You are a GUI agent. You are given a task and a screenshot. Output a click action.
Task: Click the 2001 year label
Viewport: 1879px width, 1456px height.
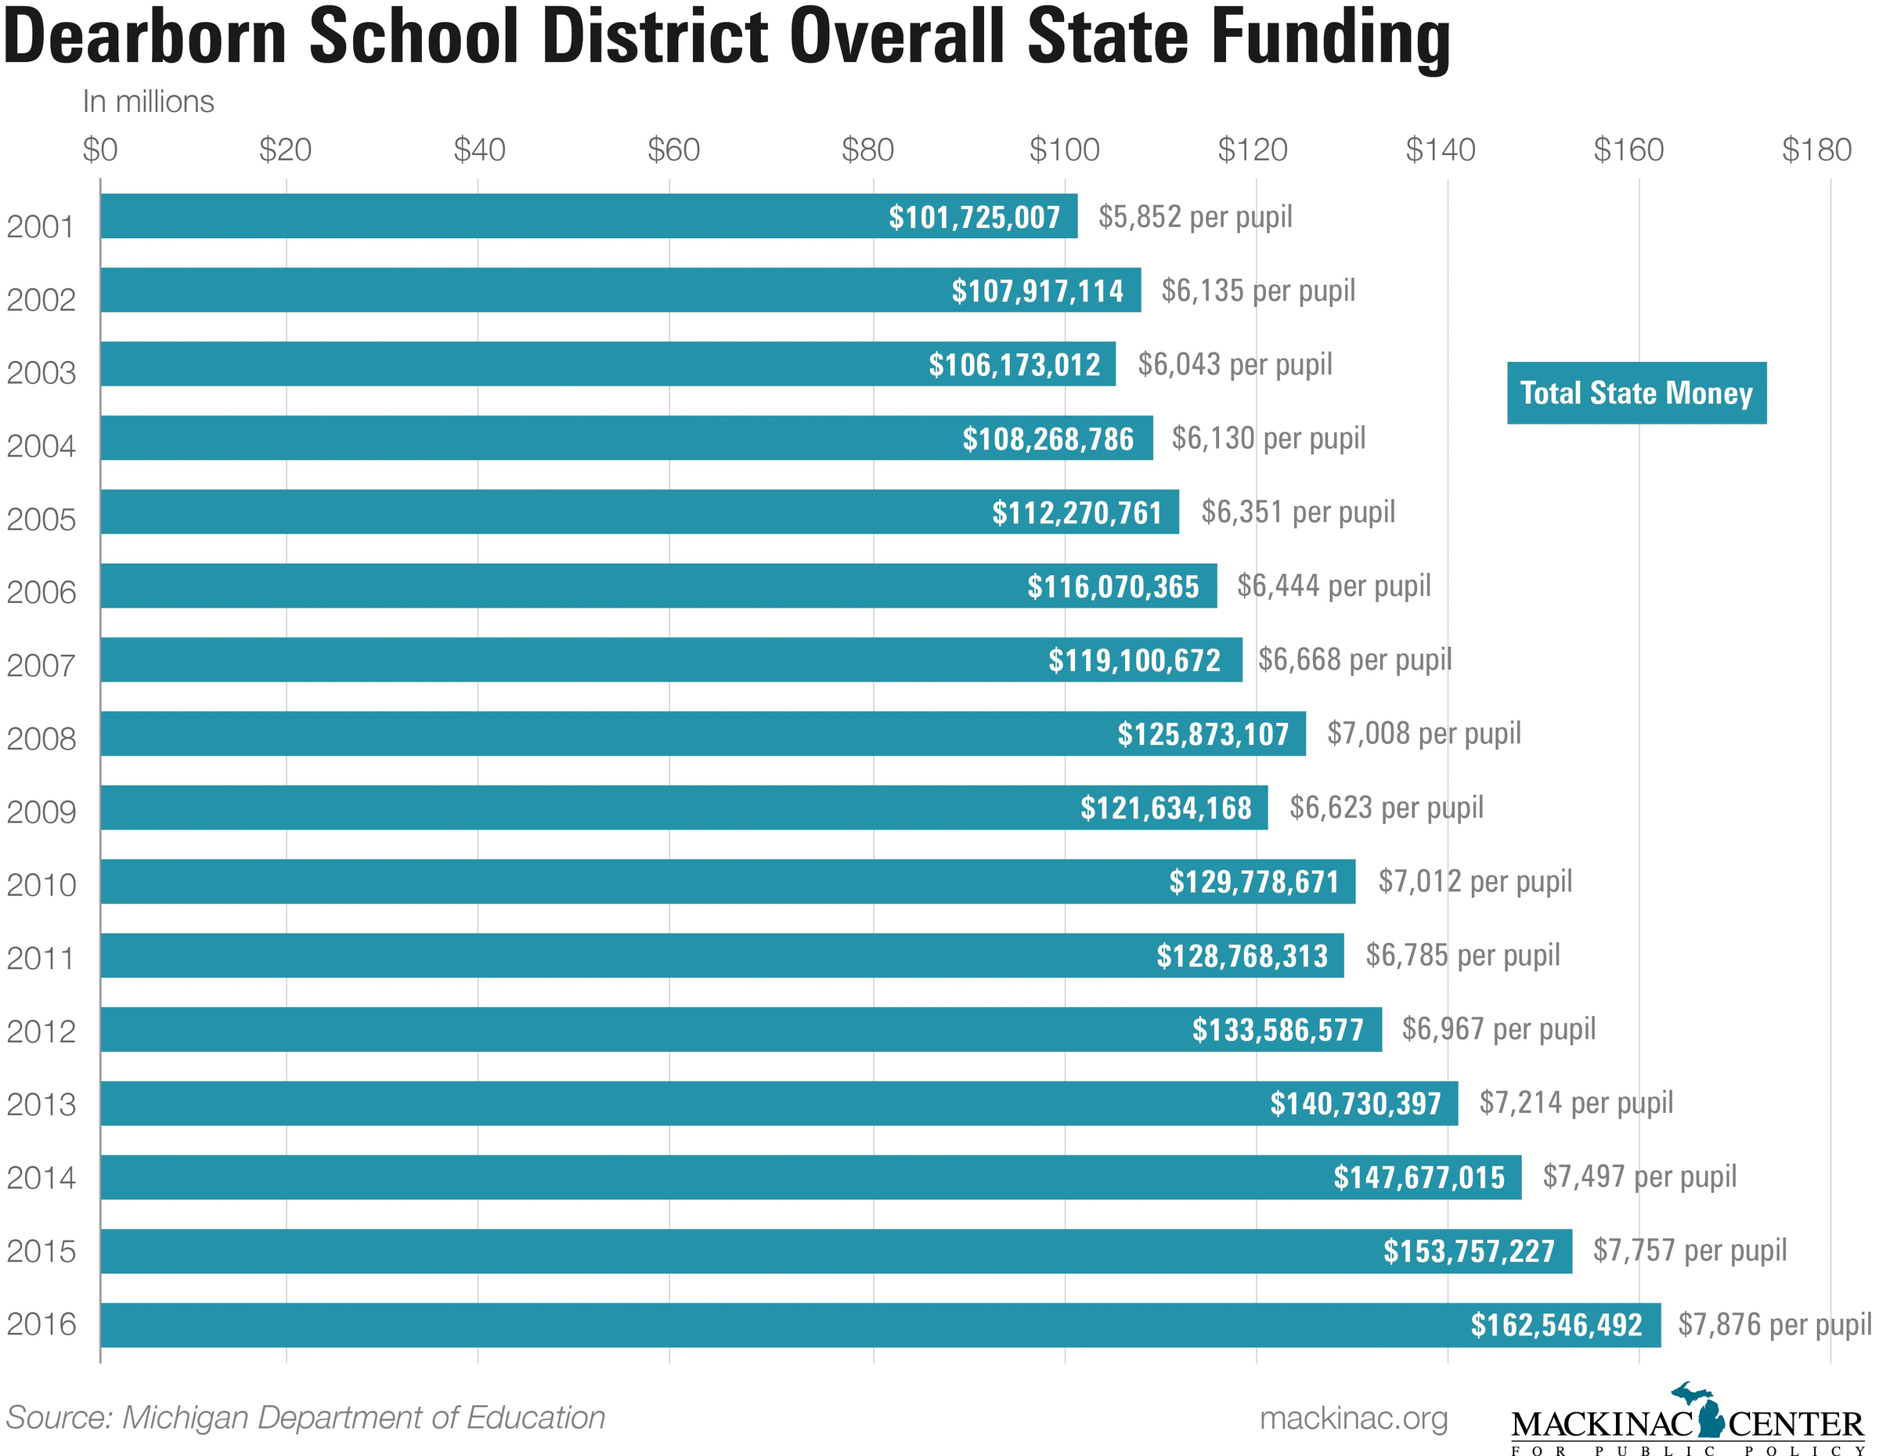[41, 227]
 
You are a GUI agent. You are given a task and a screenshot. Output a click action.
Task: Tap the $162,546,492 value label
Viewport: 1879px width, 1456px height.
[1556, 1325]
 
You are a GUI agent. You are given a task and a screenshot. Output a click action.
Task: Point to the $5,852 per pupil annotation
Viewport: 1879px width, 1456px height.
[1195, 217]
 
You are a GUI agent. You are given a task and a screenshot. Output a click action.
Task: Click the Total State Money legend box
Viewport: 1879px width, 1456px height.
[1636, 393]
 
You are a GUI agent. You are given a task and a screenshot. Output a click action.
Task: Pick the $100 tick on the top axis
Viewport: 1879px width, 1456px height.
[1064, 150]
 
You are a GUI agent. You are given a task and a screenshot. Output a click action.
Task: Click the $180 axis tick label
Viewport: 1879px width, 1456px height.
[1816, 150]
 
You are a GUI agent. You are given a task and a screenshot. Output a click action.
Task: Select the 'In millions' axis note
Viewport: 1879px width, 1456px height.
[148, 102]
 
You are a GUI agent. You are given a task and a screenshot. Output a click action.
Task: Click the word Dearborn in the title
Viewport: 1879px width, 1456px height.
[145, 38]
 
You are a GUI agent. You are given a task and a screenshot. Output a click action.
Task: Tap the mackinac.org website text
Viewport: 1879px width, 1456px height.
[1354, 1418]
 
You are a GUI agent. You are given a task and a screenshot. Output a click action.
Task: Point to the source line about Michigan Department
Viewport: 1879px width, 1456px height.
[305, 1418]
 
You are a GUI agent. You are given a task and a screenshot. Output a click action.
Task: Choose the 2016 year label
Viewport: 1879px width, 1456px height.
[41, 1324]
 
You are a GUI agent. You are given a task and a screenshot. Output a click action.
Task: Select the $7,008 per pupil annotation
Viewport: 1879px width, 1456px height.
[1424, 734]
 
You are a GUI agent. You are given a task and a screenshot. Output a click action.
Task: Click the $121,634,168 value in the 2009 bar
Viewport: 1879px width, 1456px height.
[1166, 808]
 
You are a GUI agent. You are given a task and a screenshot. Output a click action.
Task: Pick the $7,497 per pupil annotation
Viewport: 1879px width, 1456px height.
[1639, 1176]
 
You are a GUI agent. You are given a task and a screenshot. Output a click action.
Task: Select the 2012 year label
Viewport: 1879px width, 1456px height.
[41, 1031]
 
